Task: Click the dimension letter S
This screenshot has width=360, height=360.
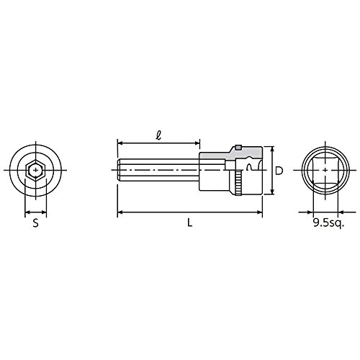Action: coord(35,223)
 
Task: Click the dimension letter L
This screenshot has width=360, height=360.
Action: coord(190,223)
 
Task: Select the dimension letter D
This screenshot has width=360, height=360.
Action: coord(279,171)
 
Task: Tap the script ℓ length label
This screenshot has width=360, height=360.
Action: coord(158,135)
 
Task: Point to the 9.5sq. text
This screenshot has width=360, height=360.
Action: coord(328,223)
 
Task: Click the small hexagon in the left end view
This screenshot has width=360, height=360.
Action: coord(36,170)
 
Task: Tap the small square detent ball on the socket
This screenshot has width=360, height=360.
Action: coord(238,148)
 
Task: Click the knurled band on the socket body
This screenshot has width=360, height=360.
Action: coord(239,184)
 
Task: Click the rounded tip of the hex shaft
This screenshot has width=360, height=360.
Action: coord(118,170)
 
